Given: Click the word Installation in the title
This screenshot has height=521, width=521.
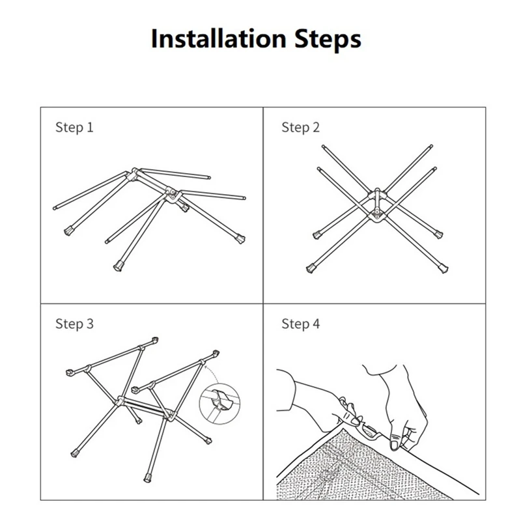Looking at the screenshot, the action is pos(218,38).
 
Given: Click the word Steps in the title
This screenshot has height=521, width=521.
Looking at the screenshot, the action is pos(328,40).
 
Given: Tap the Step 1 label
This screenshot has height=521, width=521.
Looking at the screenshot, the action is pos(74,128).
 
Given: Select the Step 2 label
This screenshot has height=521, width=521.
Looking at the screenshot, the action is pos(300,128).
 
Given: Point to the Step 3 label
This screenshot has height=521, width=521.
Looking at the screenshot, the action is pos(74,324).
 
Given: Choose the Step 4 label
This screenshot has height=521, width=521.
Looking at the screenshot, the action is pos(300,324).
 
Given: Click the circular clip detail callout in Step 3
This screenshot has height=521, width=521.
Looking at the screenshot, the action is pos(219,403).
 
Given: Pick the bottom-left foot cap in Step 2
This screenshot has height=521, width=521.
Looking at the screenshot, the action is pos(311,268).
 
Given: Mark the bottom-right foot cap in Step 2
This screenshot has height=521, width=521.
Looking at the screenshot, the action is pos(444,268).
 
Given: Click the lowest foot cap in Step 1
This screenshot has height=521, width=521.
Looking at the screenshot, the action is pos(118,266).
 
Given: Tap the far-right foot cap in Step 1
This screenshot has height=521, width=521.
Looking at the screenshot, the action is pos(240,238).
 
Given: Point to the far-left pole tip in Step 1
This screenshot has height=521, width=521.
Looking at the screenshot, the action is pos(55,208).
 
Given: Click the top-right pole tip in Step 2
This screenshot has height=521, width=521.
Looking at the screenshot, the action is pos(431,146).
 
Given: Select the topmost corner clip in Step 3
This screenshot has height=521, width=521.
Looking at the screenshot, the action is pos(154,341).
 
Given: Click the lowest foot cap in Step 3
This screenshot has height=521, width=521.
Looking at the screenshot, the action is pos(147,479).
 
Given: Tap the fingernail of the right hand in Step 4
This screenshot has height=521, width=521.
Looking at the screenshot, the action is pos(395,444).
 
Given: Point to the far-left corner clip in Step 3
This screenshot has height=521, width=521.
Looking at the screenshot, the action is pos(70,372).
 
